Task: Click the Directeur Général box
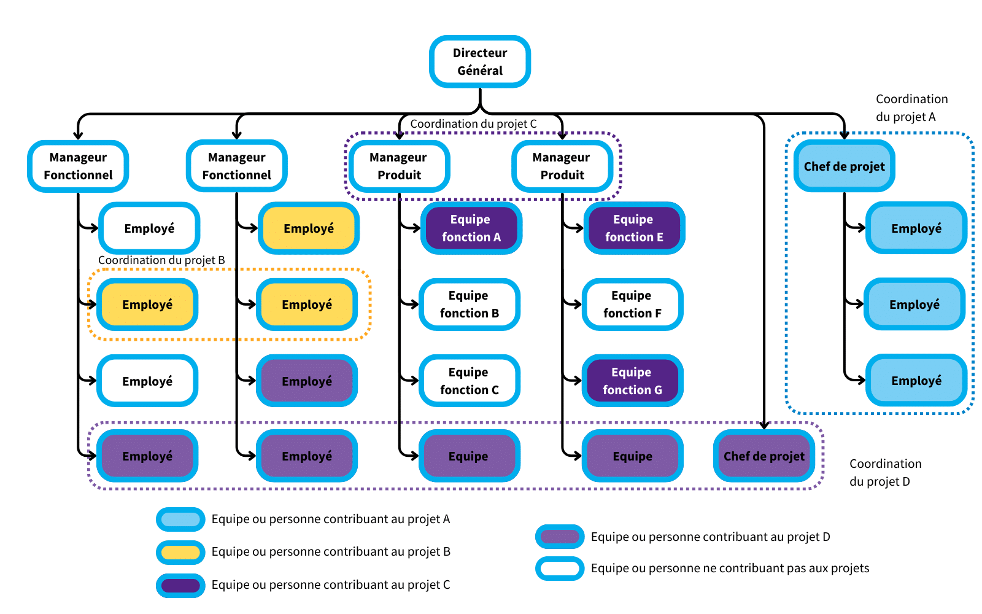click(479, 61)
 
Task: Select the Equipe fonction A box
click(471, 228)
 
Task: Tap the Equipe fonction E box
click(633, 228)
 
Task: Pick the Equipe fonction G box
click(632, 381)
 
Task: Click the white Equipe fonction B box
click(470, 305)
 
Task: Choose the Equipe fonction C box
click(470, 381)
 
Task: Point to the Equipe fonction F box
click(632, 305)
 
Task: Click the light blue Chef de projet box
click(844, 166)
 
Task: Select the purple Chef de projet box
click(764, 456)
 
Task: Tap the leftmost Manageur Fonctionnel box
click(78, 166)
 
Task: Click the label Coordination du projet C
click(473, 124)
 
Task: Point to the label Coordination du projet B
click(161, 260)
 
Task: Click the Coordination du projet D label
click(885, 472)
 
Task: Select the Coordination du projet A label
click(911, 107)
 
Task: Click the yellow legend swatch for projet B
click(180, 552)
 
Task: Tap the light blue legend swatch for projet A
click(180, 519)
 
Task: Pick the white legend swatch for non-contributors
click(559, 568)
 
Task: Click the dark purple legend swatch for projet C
click(180, 585)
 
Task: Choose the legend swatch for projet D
click(559, 537)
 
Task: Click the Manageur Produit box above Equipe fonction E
click(562, 166)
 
